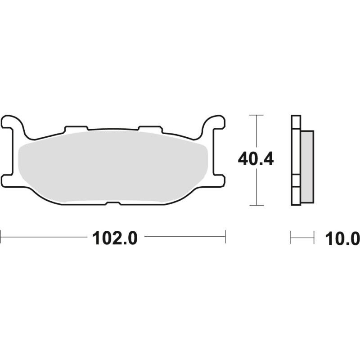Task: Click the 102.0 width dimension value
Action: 114,237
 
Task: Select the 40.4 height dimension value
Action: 256,159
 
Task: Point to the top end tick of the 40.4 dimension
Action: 256,115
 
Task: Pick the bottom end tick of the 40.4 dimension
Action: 256,205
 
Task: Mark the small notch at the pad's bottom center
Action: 113,204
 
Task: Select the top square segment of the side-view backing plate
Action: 295,122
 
